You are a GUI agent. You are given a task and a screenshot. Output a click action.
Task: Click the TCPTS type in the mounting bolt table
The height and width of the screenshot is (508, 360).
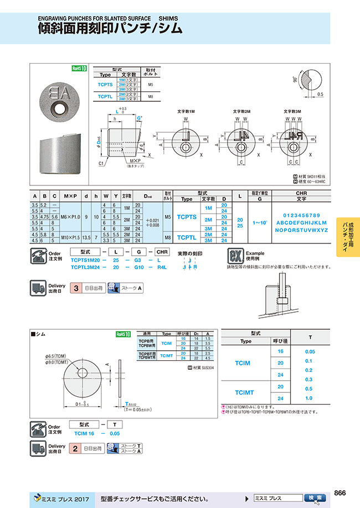[x=105, y=85]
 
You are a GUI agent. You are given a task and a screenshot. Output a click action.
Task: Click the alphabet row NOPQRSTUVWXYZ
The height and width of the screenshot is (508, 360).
[x=301, y=230]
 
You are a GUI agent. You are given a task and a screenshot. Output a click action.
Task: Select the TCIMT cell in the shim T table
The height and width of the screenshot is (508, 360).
[x=245, y=392]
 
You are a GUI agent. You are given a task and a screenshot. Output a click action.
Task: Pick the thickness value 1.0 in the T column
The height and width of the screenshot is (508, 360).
[x=309, y=398]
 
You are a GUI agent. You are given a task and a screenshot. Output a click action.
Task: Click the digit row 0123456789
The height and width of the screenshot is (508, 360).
[x=301, y=215]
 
